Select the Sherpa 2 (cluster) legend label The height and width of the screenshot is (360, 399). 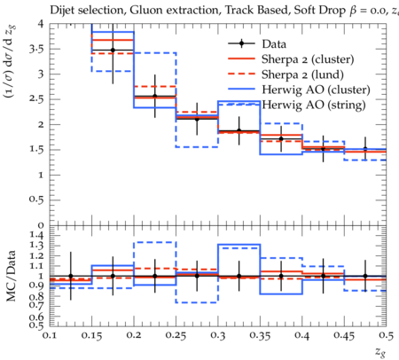[x=308, y=59]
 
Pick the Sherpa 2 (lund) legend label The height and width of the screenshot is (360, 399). [x=302, y=74]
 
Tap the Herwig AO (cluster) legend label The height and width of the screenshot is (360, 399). [x=316, y=90]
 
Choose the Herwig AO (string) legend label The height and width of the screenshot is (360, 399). [x=314, y=105]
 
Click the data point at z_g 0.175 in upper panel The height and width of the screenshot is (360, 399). [x=113, y=51]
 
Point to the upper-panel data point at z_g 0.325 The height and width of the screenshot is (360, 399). [x=239, y=131]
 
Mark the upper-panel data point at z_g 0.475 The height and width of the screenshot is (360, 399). [x=365, y=149]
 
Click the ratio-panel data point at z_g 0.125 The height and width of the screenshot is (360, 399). [x=71, y=276]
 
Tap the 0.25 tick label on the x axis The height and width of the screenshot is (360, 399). [x=176, y=335]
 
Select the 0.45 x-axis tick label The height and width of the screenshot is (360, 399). [x=344, y=335]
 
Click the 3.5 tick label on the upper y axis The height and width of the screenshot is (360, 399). [x=36, y=49]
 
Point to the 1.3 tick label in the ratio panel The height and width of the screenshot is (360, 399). [x=36, y=246]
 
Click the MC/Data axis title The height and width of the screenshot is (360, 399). [x=12, y=276]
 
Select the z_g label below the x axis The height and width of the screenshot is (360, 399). [x=380, y=352]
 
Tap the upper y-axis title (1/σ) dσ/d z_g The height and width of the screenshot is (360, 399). [x=12, y=62]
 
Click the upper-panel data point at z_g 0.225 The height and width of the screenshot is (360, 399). [x=154, y=96]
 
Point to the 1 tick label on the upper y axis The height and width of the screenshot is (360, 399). [x=41, y=175]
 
